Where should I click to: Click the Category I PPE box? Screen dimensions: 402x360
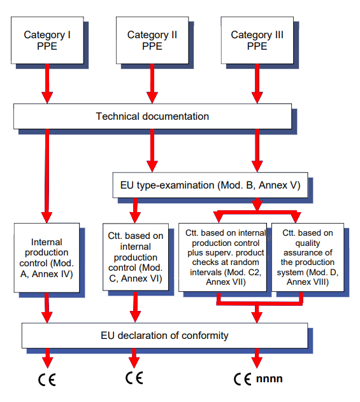(x=47, y=40)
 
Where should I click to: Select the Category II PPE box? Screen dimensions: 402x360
(x=152, y=40)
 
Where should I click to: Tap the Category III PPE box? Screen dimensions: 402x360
(x=257, y=40)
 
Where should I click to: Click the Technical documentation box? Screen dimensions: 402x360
(x=152, y=116)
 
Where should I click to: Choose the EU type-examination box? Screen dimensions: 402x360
(x=210, y=185)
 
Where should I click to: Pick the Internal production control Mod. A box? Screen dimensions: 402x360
(x=47, y=258)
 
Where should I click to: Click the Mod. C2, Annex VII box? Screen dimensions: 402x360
(x=222, y=256)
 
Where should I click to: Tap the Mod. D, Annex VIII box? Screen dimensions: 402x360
(x=307, y=256)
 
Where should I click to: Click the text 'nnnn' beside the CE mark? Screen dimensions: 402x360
(x=270, y=378)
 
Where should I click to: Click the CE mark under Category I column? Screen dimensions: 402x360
(x=47, y=380)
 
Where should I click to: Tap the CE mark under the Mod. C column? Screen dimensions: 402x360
(x=134, y=378)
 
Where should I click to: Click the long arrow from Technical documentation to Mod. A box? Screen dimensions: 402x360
(x=47, y=172)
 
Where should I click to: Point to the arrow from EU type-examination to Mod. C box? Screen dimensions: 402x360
(x=135, y=209)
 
